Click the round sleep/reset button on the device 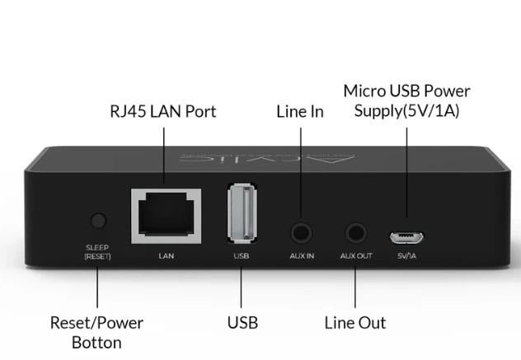98,221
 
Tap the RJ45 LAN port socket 167,215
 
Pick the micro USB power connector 407,237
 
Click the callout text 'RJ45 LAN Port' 163,111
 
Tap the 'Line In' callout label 299,111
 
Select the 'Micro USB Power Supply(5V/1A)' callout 406,100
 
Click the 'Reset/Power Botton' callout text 96,331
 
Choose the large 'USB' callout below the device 242,322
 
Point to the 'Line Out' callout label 355,322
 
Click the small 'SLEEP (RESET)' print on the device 97,251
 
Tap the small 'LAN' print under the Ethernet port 167,255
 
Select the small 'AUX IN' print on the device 302,255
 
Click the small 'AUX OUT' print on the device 356,255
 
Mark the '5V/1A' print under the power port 408,255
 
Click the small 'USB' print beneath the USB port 242,255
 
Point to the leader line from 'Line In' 300,173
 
